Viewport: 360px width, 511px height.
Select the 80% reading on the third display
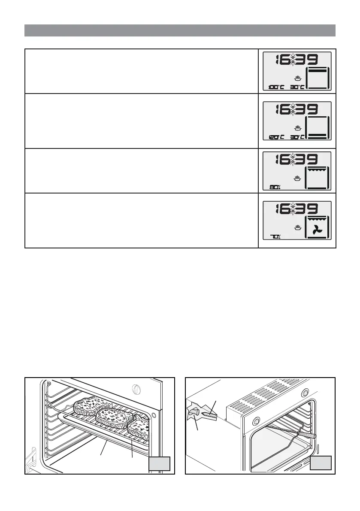pos(275,187)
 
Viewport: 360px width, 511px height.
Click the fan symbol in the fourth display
pos(317,230)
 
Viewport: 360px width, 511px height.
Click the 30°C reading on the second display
pos(297,137)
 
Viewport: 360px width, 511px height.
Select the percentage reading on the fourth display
pos(275,236)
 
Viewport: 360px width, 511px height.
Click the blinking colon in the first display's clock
pos(293,60)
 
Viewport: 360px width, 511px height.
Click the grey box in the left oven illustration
pos(160,464)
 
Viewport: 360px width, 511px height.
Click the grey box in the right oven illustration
pos(321,464)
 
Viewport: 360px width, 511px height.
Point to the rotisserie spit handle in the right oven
pos(310,435)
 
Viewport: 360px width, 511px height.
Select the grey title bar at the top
pos(180,30)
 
